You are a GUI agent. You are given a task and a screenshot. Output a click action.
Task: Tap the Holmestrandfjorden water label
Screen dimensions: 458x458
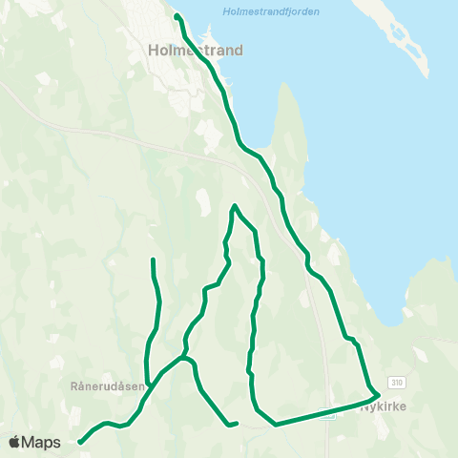[x=270, y=11]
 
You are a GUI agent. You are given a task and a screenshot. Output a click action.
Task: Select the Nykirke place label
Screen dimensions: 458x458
[x=384, y=406]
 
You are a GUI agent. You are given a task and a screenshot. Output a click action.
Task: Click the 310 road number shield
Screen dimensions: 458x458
[x=396, y=381]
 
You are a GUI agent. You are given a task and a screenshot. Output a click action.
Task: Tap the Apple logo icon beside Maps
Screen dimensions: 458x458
[x=14, y=442]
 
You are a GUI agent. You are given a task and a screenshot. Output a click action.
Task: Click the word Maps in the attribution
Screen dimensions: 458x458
[x=42, y=442]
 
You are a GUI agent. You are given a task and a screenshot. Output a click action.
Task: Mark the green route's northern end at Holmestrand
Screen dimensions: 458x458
[x=177, y=15]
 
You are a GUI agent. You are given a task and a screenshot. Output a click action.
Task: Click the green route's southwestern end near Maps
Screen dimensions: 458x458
[x=80, y=442]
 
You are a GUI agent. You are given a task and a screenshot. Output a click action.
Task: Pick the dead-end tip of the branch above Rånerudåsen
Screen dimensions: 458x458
[x=153, y=260]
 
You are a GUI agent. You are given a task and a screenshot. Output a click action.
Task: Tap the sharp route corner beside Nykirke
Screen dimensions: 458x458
[x=379, y=393]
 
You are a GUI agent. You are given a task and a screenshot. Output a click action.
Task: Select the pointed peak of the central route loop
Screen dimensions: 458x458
[x=235, y=205]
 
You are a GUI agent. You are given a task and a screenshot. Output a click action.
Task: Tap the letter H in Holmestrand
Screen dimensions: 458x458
[x=155, y=51]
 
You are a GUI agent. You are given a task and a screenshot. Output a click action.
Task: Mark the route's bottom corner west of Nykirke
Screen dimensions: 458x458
[x=275, y=424]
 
